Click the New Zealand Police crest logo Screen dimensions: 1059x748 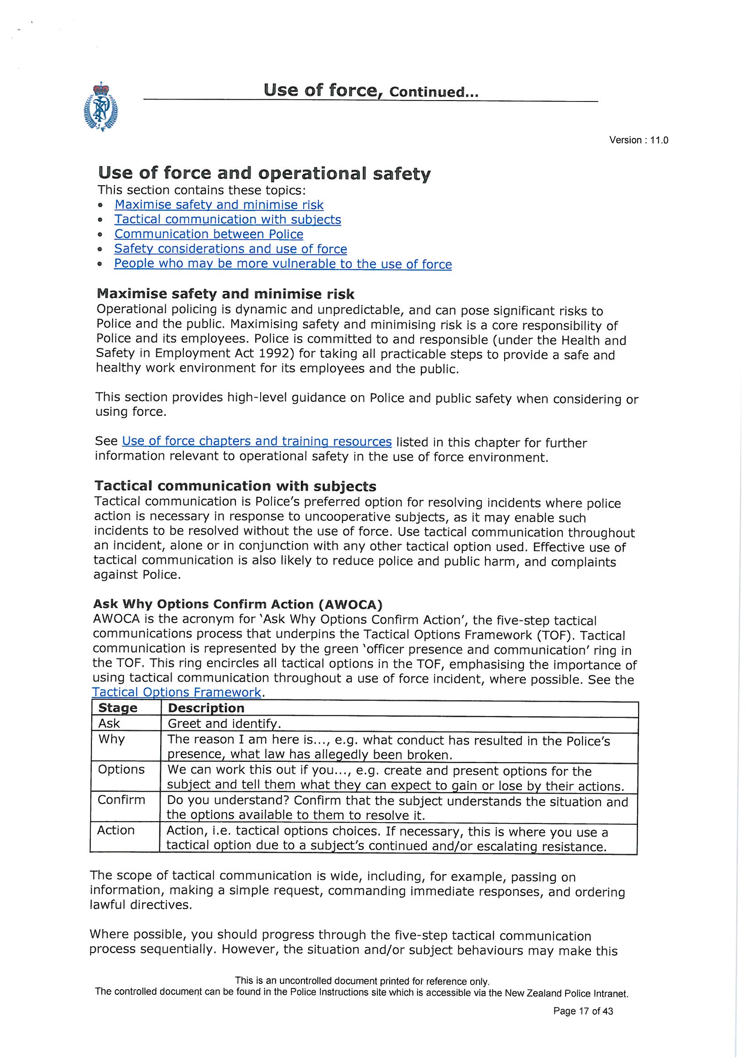pyautogui.click(x=100, y=107)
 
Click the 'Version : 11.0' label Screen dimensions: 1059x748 pyautogui.click(x=638, y=140)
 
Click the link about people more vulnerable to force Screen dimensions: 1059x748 pyautogui.click(x=283, y=264)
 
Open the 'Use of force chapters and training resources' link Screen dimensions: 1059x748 pyautogui.click(x=257, y=442)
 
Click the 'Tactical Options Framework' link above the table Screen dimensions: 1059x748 pyautogui.click(x=176, y=692)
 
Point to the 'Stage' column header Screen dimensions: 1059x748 pyautogui.click(x=118, y=708)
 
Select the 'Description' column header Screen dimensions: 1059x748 pyautogui.click(x=206, y=708)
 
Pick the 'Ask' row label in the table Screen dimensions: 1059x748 pyautogui.click(x=109, y=723)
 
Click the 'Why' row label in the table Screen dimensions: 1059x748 pyautogui.click(x=111, y=739)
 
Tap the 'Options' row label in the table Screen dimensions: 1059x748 pyautogui.click(x=121, y=770)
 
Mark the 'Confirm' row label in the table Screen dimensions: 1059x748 pyautogui.click(x=121, y=800)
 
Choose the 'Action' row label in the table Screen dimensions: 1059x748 pyautogui.click(x=116, y=830)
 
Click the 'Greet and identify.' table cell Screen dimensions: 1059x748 pyautogui.click(x=224, y=724)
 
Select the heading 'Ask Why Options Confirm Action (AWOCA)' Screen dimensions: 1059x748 pyautogui.click(x=238, y=604)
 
